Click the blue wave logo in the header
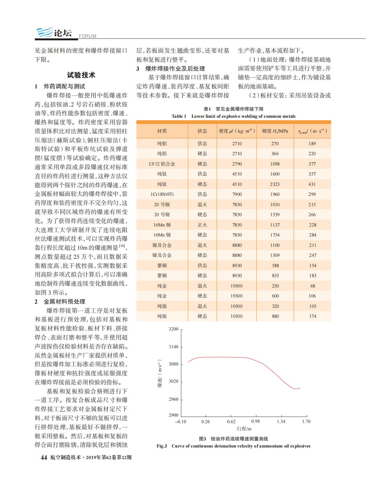click(45, 32)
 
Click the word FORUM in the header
click(87, 36)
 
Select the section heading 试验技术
click(81, 75)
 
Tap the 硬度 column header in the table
click(275, 131)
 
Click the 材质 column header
click(162, 131)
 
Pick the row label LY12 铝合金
click(162, 164)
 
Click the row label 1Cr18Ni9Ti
click(162, 194)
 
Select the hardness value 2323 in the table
click(275, 184)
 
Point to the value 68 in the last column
click(312, 286)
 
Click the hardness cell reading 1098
click(275, 164)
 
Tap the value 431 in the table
click(312, 184)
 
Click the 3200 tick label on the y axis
click(173, 329)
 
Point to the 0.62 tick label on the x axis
click(231, 421)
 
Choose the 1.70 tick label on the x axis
click(306, 421)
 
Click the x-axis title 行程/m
click(244, 429)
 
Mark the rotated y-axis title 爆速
click(160, 382)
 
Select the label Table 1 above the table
click(179, 116)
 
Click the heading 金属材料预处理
click(64, 302)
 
